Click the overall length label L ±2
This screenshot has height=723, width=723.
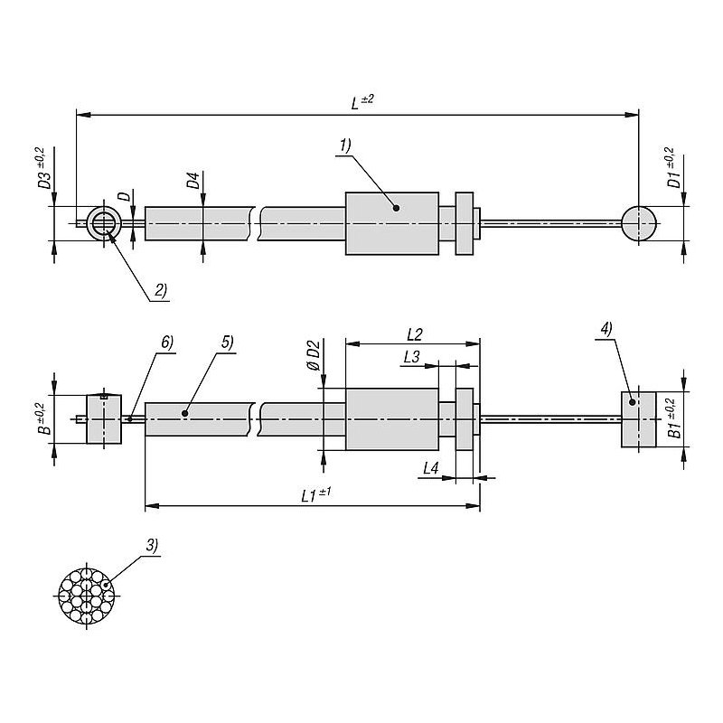[x=361, y=103]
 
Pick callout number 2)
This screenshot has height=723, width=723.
[x=159, y=290]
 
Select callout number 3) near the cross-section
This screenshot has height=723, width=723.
[x=150, y=545]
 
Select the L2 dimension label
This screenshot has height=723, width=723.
[x=413, y=333]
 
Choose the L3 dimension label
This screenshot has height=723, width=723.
[x=410, y=357]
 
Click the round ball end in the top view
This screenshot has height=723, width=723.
[x=639, y=221]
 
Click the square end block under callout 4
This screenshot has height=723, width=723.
[x=638, y=419]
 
